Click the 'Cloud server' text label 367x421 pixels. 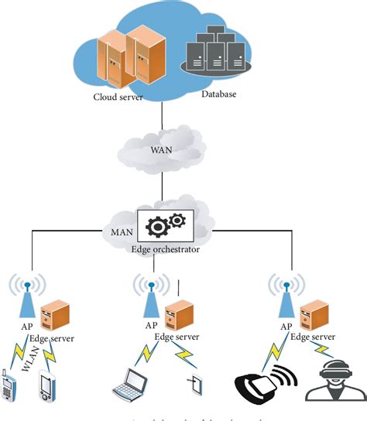tap(117, 97)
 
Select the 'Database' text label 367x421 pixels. tap(218, 94)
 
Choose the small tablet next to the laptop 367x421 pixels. tap(193, 384)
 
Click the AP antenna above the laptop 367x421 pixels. tap(149, 298)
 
